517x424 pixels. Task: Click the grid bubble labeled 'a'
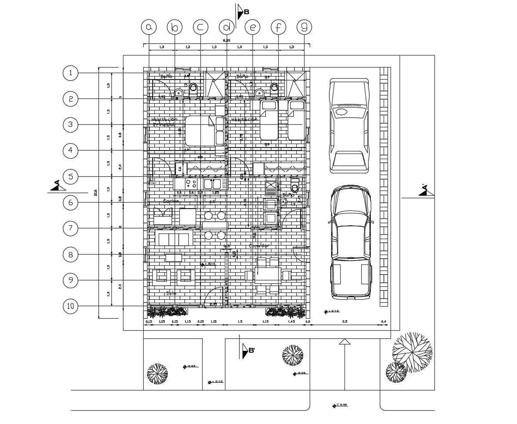(x=149, y=27)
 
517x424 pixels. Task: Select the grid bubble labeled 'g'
(x=305, y=27)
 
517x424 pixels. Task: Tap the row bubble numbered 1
(x=71, y=73)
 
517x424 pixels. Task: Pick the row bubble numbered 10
(x=71, y=307)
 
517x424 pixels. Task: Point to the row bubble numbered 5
(x=71, y=176)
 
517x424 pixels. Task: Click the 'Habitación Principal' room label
(x=164, y=122)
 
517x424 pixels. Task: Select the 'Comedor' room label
(x=259, y=246)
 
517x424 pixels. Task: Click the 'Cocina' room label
(x=171, y=201)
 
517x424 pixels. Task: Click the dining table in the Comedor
(x=268, y=275)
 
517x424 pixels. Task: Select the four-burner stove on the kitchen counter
(x=191, y=184)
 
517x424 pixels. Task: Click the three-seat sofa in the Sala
(x=174, y=238)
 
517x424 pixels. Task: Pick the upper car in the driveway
(x=349, y=126)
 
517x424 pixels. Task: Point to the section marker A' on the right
(x=425, y=190)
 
